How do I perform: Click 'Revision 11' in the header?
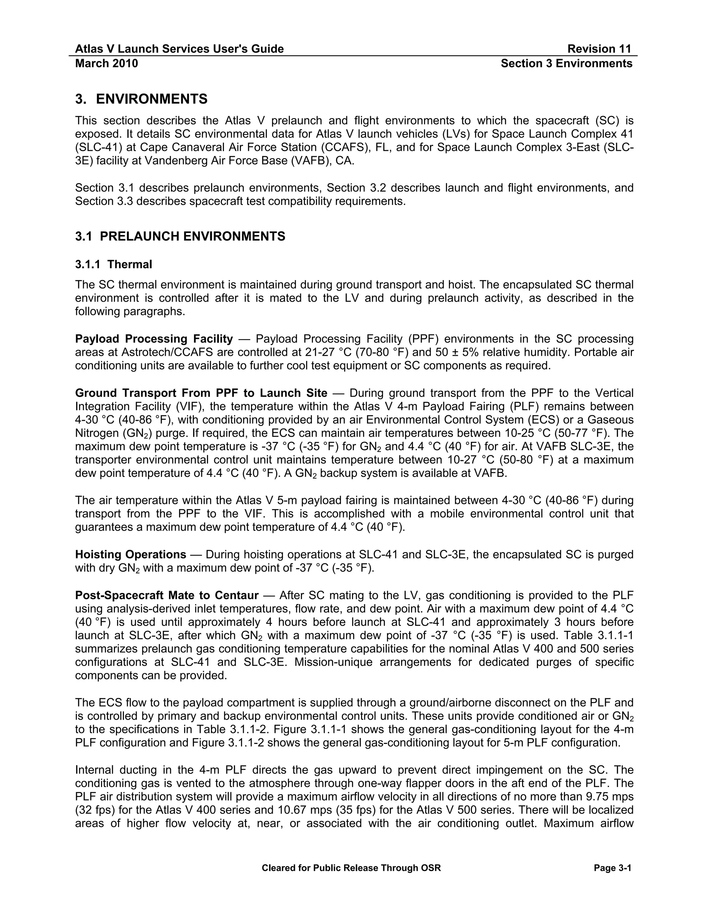599,49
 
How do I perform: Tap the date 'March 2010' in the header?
106,63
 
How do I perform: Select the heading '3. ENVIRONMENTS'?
141,99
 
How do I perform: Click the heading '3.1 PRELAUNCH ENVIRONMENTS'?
180,236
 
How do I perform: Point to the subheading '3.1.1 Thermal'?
114,264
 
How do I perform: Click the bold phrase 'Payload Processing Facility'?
154,339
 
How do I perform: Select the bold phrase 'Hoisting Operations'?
130,555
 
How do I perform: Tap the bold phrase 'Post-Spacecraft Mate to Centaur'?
167,596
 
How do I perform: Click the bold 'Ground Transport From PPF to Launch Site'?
201,393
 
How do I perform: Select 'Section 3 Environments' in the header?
566,63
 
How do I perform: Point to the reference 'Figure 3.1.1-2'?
234,743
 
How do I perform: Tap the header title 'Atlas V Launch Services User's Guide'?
179,49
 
